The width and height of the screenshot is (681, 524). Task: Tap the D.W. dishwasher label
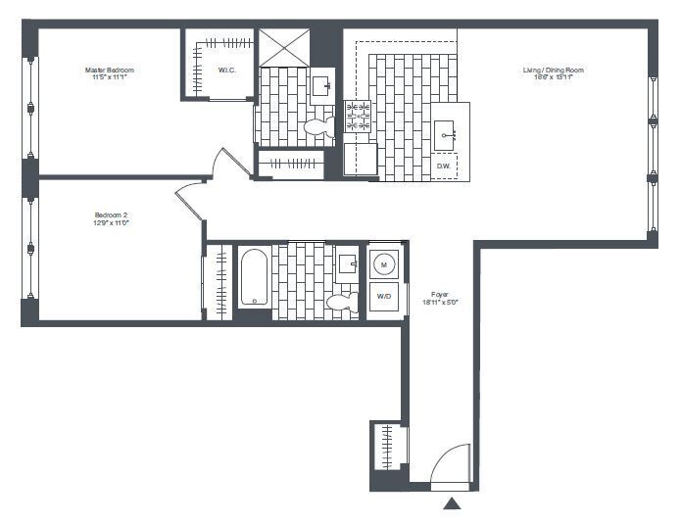tap(444, 166)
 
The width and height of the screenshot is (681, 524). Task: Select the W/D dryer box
tap(384, 297)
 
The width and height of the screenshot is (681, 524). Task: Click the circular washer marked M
tap(384, 262)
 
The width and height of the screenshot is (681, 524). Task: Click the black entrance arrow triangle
tap(452, 504)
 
